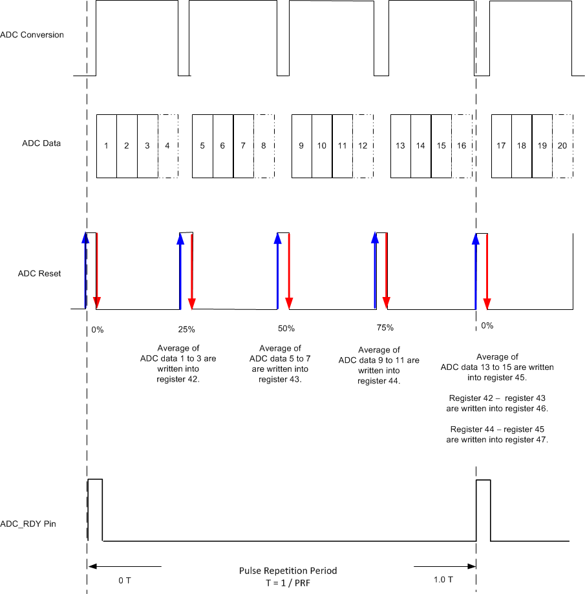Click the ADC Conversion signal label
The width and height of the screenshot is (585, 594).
32,35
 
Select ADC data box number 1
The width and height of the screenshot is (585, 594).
106,146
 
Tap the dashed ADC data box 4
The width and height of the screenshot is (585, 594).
167,146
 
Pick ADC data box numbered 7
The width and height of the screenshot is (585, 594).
243,146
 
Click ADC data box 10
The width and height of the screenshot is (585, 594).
322,146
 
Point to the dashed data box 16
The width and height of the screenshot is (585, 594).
462,146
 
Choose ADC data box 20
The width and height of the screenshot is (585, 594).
562,146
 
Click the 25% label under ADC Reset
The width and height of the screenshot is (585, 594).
186,329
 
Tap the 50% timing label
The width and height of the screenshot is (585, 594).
286,329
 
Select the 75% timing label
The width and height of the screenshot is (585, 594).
385,328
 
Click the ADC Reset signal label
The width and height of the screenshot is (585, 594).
39,274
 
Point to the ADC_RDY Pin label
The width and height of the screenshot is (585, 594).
37,524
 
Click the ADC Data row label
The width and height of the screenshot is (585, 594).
41,143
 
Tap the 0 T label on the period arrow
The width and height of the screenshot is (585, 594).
125,580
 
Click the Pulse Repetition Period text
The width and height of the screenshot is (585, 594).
288,571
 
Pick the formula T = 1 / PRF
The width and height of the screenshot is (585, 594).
288,582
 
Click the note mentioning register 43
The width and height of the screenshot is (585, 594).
279,364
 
